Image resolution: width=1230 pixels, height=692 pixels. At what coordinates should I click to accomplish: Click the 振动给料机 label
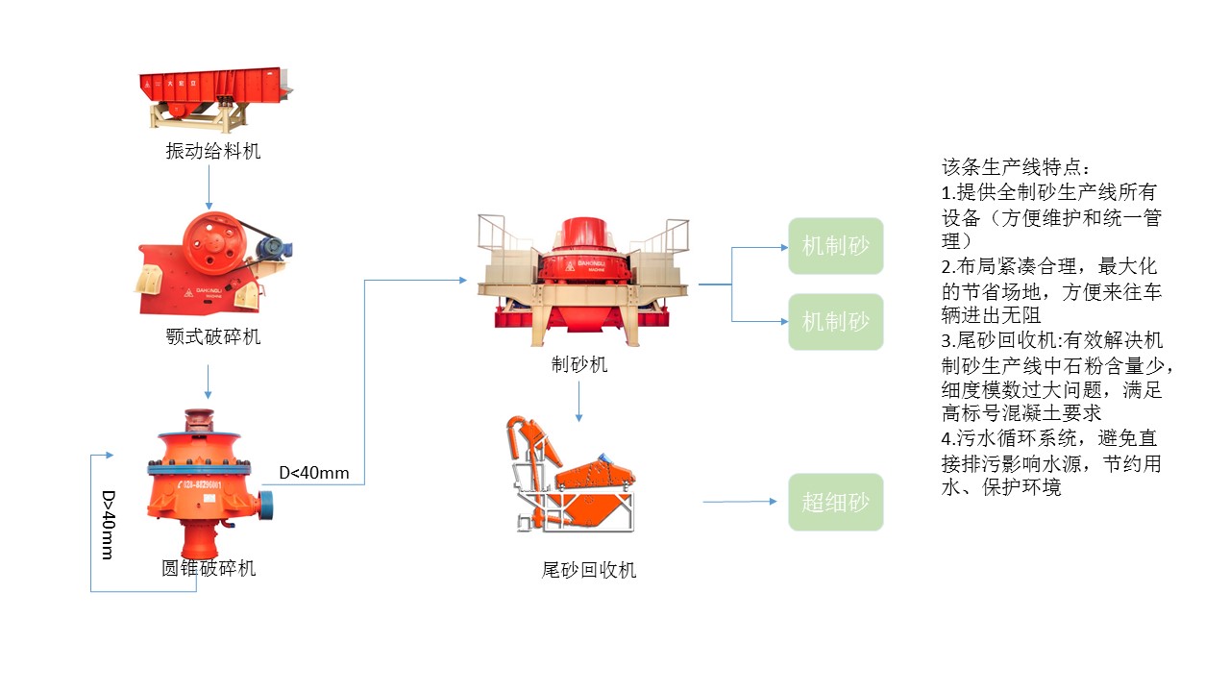(x=212, y=151)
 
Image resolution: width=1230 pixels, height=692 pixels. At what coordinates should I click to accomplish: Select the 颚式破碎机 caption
(x=212, y=337)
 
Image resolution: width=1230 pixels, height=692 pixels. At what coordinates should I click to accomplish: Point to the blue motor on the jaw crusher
(x=277, y=248)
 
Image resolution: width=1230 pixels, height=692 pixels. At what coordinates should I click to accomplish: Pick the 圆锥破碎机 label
(x=209, y=568)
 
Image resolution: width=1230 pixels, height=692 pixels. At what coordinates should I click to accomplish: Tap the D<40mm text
(x=314, y=473)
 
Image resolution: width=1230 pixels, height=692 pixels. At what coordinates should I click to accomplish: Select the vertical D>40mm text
(x=109, y=525)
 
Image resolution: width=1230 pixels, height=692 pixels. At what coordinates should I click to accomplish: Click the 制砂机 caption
(x=579, y=364)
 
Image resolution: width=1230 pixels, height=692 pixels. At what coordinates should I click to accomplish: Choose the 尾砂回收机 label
(x=589, y=570)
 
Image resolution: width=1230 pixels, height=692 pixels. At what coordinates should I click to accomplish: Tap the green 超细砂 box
(x=835, y=502)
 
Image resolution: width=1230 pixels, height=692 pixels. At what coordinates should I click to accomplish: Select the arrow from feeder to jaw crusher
(x=209, y=188)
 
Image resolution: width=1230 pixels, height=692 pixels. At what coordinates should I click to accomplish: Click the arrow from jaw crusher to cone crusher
(x=209, y=382)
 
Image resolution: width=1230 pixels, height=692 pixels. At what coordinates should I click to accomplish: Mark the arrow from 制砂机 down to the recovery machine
(x=578, y=401)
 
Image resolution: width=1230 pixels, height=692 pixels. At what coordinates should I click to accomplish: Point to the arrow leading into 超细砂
(x=739, y=502)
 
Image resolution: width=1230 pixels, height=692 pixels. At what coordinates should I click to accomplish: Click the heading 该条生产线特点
(x=1016, y=167)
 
